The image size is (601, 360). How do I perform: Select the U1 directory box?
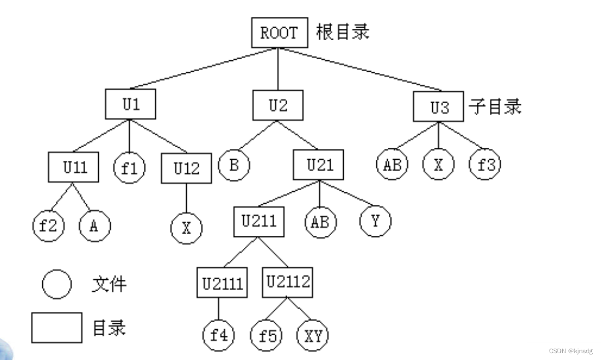pos(130,105)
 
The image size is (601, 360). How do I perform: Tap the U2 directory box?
pos(278,105)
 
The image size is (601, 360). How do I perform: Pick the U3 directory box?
pos(439,107)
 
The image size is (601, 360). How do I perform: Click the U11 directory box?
pos(74,168)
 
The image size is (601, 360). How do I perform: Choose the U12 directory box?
pos(186,169)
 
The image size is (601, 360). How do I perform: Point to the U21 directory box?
pos(319,165)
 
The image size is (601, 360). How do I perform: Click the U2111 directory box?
pos(221,283)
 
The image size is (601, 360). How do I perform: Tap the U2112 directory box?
pos(287,282)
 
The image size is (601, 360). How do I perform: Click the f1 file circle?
pos(130,168)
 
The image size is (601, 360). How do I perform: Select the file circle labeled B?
pos(233,165)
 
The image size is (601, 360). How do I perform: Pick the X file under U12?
pos(186,229)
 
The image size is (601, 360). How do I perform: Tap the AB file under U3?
pos(392,165)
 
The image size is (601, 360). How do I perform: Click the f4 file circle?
pos(218,335)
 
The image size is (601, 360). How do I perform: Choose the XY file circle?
pos(312,335)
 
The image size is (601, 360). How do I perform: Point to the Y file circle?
pos(375,221)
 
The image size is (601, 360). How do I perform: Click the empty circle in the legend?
pos(56,284)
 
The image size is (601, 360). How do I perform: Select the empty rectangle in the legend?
pos(56,328)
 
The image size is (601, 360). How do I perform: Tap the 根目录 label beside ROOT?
pos(342,32)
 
